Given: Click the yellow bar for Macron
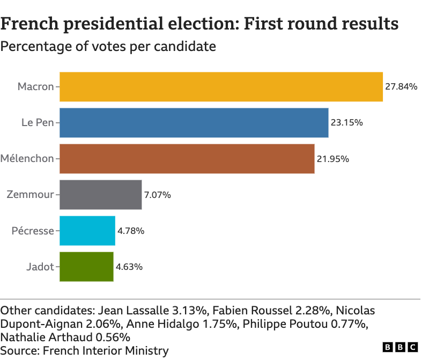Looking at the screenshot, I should [221, 87].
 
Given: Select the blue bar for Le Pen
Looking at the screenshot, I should [194, 123].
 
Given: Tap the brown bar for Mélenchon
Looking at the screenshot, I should [187, 159].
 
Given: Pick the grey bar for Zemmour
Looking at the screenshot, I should [100, 195].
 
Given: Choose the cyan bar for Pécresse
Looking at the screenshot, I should [87, 231].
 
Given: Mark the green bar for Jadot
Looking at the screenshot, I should [86, 267].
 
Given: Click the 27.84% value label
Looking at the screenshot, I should [401, 87].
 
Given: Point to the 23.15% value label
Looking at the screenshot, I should [346, 123].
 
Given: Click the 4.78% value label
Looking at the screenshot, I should [131, 231].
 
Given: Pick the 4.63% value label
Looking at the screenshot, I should [129, 267].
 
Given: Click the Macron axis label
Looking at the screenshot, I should [35, 87].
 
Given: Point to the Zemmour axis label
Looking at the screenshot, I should [30, 195].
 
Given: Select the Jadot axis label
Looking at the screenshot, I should [40, 267].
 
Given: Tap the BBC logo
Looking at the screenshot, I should [400, 348].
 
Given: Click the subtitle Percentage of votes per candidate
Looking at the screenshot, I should [108, 47].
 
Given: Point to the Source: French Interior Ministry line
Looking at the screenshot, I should [85, 351].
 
